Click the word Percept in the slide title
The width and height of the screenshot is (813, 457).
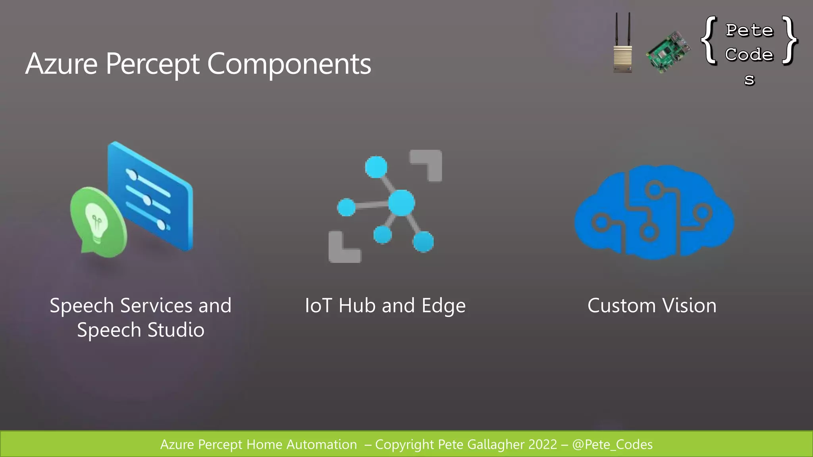[152, 64]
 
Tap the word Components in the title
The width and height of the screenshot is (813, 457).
[289, 64]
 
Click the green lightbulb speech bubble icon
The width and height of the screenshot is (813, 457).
[98, 223]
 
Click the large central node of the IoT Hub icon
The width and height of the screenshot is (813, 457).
[401, 203]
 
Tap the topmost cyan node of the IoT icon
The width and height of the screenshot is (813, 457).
[376, 167]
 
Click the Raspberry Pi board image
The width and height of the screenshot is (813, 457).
[668, 52]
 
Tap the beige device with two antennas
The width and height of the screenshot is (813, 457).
[622, 44]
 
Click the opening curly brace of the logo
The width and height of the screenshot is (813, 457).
[710, 40]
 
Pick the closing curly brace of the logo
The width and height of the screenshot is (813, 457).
[790, 40]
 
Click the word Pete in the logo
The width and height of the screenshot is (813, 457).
[749, 31]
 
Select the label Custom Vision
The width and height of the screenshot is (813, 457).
[652, 306]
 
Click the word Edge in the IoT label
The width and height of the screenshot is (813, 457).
[443, 306]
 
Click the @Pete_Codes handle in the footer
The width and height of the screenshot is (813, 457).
[612, 445]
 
